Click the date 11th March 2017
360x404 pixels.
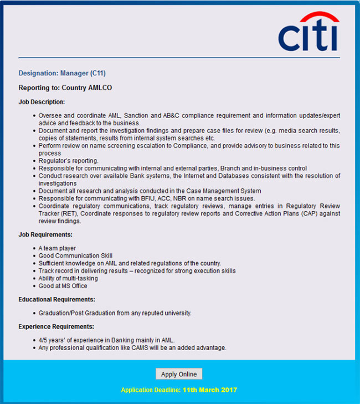pyautogui.click(x=210, y=390)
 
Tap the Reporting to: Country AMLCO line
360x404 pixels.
pyautogui.click(x=65, y=88)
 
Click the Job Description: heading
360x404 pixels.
pyautogui.click(x=42, y=102)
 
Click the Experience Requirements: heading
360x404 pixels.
pyautogui.click(x=56, y=326)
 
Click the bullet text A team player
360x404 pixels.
pyautogui.click(x=58, y=248)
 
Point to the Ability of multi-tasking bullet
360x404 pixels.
pyautogui.click(x=68, y=278)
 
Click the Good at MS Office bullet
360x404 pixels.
pyautogui.click(x=63, y=286)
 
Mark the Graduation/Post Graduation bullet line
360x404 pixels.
pyautogui.click(x=115, y=313)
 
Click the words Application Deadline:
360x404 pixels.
pyautogui.click(x=150, y=390)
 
